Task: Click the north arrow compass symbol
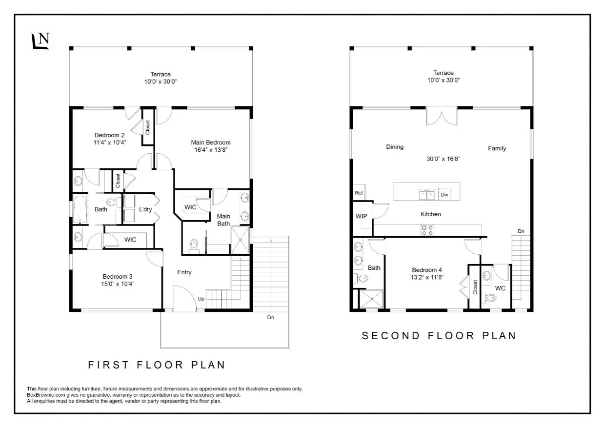pos(40,41)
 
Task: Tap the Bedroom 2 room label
pos(110,135)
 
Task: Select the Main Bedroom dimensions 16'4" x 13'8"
pos(210,150)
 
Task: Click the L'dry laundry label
pos(145,209)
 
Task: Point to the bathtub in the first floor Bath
pos(81,209)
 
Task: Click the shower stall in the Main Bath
pos(240,240)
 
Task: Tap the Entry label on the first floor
pos(184,272)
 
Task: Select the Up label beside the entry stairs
pos(201,299)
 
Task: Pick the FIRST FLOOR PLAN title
pos(156,365)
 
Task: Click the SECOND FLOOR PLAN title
pos(439,335)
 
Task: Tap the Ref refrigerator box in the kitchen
pos(359,193)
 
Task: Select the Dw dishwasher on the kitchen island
pos(444,194)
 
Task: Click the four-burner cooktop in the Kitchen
pos(427,230)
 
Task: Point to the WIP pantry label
pos(362,216)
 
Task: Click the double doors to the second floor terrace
pos(442,117)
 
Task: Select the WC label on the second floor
pos(500,288)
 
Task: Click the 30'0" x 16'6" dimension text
pos(443,159)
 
